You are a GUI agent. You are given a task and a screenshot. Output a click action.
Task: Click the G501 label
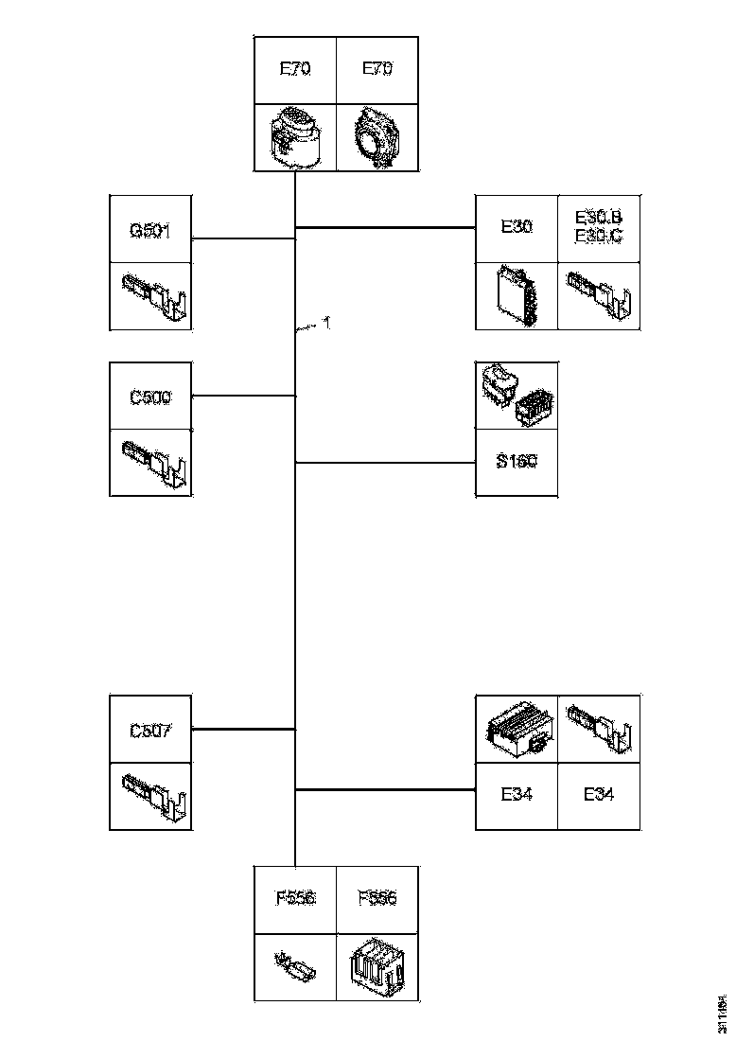tap(150, 229)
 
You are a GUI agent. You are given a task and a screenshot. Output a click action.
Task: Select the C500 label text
tap(150, 397)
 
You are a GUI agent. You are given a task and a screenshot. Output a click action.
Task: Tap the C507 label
tap(150, 731)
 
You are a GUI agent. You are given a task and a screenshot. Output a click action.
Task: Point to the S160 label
tap(517, 463)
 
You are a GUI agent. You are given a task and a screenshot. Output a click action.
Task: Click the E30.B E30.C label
tap(599, 228)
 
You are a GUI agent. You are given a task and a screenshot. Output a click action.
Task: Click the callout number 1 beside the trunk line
tap(325, 324)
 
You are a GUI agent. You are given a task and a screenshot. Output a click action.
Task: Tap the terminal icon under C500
tap(152, 463)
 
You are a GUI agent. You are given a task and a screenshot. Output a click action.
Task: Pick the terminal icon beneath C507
tap(152, 796)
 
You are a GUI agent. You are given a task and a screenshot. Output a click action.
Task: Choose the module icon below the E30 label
tap(517, 295)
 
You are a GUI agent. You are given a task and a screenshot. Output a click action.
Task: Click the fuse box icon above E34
tap(517, 729)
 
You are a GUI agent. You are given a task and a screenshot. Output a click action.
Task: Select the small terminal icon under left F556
tap(296, 967)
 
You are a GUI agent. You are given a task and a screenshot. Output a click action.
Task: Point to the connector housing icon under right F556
tap(377, 967)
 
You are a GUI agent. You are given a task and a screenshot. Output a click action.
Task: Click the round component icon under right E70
tap(377, 137)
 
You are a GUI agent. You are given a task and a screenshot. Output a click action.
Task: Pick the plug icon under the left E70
tap(295, 137)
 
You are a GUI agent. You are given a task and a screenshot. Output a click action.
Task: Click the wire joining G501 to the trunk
tap(243, 238)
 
